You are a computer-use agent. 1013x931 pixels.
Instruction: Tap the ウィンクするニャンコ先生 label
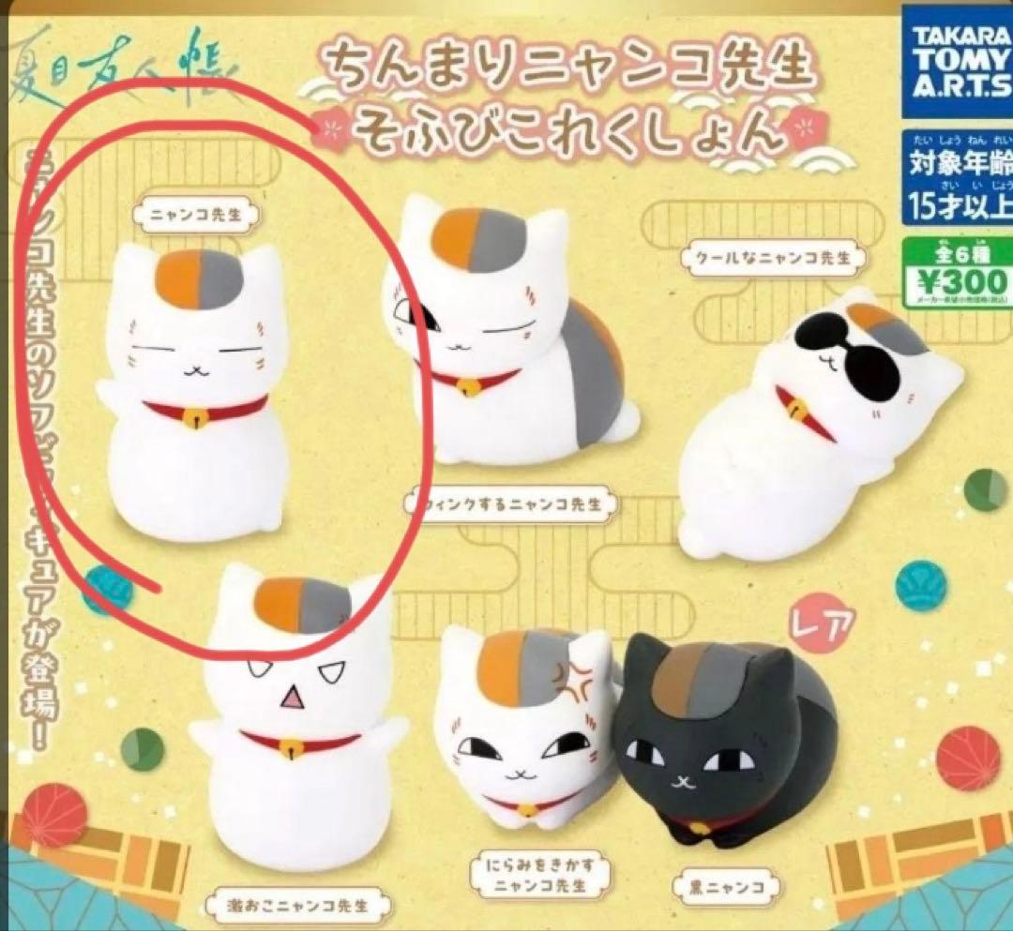[x=513, y=504]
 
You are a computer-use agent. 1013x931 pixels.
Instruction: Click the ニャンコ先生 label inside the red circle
[x=197, y=213]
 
